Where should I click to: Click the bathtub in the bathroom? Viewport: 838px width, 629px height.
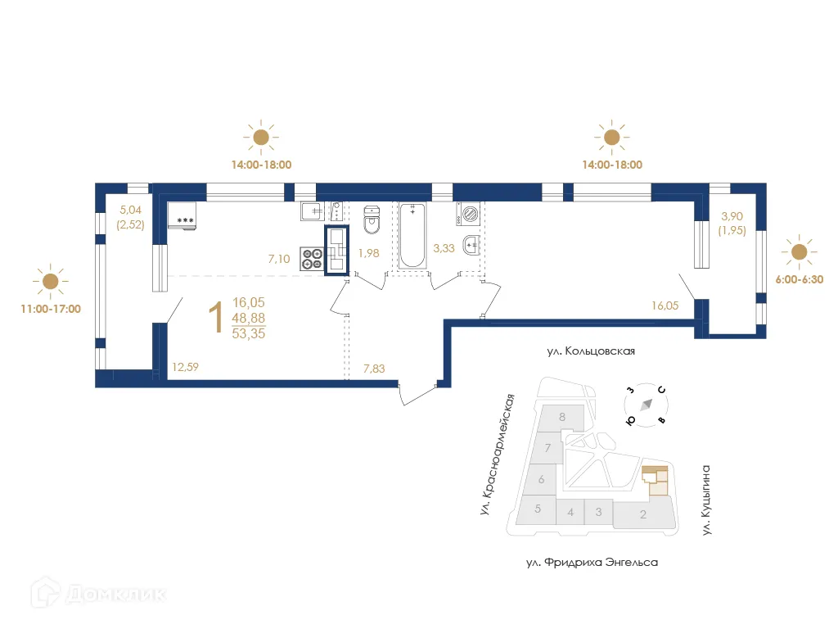[412, 235]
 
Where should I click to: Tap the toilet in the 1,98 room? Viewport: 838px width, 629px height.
[372, 219]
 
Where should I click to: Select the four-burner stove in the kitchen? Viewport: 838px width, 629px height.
[313, 258]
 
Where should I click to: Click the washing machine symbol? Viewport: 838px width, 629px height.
[469, 215]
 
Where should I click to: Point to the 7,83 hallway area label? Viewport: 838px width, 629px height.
[373, 369]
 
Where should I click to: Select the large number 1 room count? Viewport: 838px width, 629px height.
[216, 319]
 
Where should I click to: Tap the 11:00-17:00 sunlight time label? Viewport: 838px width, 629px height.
[51, 310]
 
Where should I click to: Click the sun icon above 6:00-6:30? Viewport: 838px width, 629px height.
[797, 251]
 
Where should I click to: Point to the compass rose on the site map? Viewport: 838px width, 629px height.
[646, 405]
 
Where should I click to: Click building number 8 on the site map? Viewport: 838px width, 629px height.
[562, 417]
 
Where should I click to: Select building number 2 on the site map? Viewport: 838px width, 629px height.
[643, 515]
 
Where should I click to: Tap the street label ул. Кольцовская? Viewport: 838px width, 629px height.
[592, 351]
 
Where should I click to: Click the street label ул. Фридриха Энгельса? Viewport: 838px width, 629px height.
[592, 563]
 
